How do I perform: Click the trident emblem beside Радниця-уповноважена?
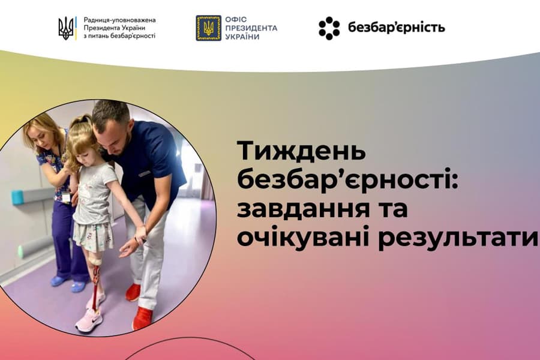tap(66, 28)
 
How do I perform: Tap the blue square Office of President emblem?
tap(208, 28)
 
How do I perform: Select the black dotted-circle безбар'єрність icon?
tap(329, 28)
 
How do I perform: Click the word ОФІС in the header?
tap(236, 20)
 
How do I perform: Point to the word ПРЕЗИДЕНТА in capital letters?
tap(251, 28)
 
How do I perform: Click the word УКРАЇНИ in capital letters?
tap(242, 37)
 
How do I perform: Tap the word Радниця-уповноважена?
tap(119, 20)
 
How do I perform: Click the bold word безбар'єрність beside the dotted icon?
tap(397, 28)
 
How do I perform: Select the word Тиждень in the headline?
tap(301, 152)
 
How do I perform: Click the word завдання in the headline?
tap(298, 210)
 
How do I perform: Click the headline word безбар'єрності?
tap(347, 180)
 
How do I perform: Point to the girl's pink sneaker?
tap(89, 320)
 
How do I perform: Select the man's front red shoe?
tap(142, 318)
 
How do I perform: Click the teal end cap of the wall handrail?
tap(17, 197)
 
